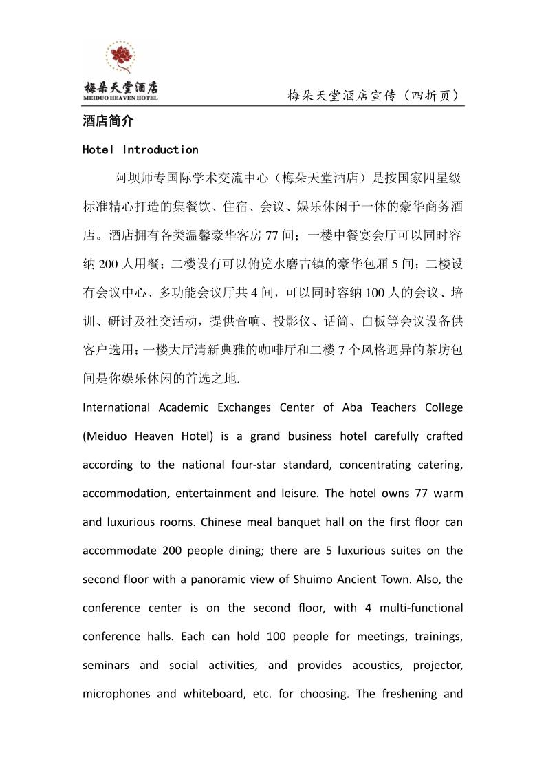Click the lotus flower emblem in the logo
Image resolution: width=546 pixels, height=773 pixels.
pos(120,57)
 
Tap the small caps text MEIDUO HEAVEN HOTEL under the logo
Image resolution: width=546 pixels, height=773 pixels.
pos(120,98)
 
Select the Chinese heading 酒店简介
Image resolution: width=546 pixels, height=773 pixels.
pos(108,121)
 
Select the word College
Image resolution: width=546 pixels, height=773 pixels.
pos(441,407)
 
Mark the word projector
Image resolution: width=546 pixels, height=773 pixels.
pos(438,666)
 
